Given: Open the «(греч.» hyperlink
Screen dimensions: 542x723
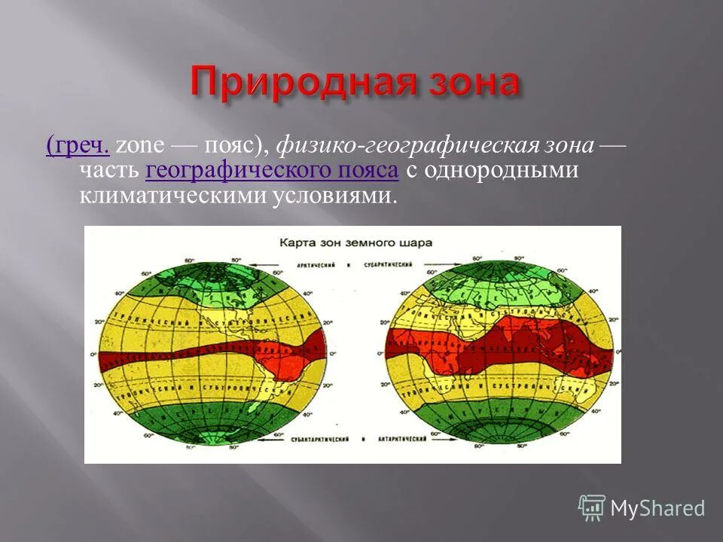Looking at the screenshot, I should (78, 146).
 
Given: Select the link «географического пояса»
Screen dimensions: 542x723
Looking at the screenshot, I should (272, 172).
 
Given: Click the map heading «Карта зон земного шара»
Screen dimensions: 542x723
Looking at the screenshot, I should (351, 243).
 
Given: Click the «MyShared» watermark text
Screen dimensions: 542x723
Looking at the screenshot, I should (657, 508).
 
